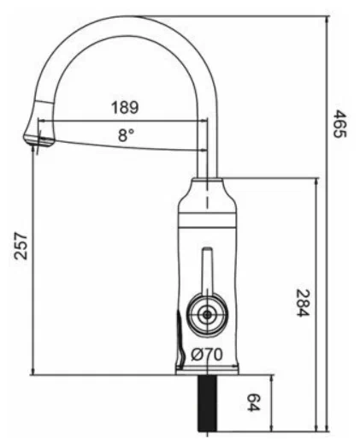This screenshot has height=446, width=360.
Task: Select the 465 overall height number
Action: point(339,126)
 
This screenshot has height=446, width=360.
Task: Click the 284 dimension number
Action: point(301,300)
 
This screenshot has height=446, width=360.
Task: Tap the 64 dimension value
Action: point(254,401)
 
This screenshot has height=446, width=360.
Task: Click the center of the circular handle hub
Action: point(206,314)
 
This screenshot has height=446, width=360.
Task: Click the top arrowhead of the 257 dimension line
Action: point(32,149)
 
